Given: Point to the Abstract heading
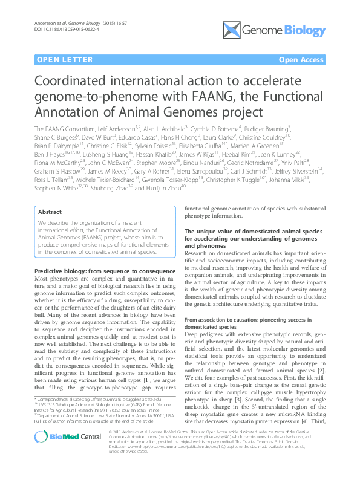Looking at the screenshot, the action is [x=50, y=212].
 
